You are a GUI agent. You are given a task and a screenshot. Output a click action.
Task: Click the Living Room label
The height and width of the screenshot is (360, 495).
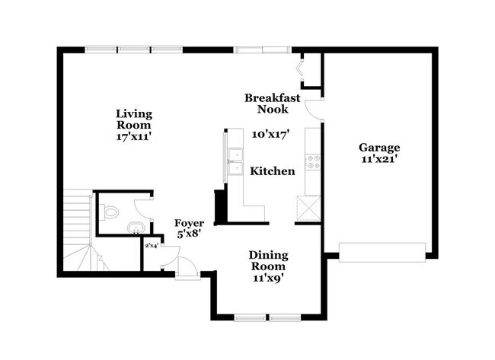coord(134,119)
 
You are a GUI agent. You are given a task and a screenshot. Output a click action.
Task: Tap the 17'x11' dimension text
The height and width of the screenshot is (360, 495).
coord(134,139)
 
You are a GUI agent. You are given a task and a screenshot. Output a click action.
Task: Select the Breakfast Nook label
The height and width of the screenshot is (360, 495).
coord(273,104)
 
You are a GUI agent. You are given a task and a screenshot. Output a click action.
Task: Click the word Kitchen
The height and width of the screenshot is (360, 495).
coord(273,171)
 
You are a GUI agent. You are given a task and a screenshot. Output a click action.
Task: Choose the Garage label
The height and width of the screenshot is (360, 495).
coord(379,148)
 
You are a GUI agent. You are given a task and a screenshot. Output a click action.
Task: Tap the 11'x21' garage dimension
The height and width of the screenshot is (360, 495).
coord(379,160)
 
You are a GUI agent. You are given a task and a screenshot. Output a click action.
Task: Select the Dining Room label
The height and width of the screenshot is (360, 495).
coord(267,262)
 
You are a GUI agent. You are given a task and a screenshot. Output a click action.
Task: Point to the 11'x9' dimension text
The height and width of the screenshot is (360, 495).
coord(267,278)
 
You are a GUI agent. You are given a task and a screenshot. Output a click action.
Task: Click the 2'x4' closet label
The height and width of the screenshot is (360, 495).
coord(152,245)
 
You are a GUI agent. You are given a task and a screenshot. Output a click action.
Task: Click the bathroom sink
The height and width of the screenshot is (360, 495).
coord(133,228)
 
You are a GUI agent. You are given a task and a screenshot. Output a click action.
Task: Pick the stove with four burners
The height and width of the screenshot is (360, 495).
coord(311,161)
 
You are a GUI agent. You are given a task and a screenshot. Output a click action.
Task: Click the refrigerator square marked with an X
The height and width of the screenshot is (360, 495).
coord(309,206)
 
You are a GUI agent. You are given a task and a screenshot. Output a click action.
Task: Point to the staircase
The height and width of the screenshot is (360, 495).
coord(79,228)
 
